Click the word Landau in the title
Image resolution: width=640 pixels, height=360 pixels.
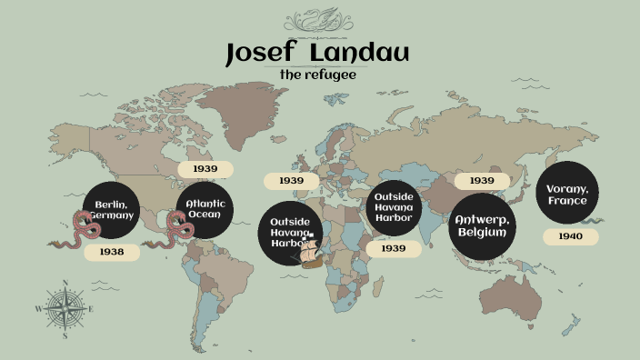click(x=359, y=55)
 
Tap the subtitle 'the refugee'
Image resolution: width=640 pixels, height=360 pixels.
click(x=317, y=75)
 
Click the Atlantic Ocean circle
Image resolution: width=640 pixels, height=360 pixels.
click(x=205, y=210)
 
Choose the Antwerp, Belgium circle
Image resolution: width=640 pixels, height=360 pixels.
click(x=482, y=226)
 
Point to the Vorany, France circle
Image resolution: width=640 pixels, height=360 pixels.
click(x=567, y=193)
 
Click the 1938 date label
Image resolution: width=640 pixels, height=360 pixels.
click(x=112, y=252)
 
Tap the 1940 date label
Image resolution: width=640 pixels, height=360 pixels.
click(x=571, y=236)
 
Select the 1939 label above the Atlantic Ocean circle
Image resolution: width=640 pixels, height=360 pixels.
click(x=205, y=169)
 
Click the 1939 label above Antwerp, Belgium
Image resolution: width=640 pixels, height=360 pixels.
click(x=482, y=181)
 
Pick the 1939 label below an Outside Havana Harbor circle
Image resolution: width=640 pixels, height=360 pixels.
click(x=394, y=248)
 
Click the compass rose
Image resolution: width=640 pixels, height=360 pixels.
click(x=65, y=309)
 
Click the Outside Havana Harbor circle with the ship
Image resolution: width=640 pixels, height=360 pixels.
click(x=289, y=232)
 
